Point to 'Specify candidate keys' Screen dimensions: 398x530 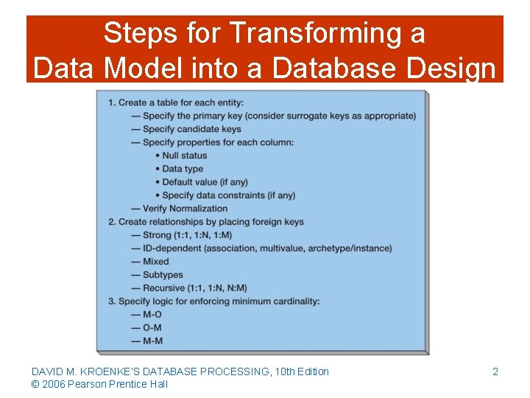[191, 129]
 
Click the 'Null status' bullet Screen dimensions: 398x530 [184, 156]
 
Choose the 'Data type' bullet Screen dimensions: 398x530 [183, 169]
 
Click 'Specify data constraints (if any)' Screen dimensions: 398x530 [228, 195]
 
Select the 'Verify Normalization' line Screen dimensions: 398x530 [185, 209]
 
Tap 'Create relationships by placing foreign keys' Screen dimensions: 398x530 [210, 222]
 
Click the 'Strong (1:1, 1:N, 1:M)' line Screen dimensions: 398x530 [187, 235]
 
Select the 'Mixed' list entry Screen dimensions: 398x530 [155, 262]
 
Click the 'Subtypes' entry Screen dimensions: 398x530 [162, 275]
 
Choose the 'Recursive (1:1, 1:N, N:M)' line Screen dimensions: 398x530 [194, 288]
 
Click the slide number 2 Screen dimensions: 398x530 [495, 371]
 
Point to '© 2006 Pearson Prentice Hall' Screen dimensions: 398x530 [99, 384]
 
